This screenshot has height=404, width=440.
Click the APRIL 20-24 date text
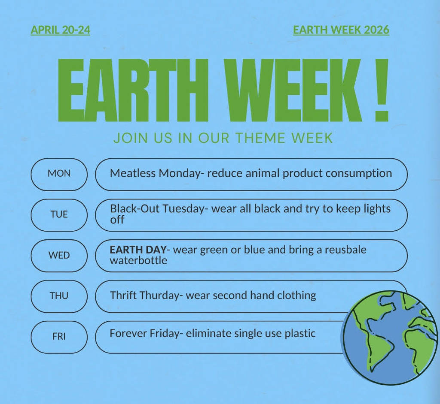[x=60, y=30]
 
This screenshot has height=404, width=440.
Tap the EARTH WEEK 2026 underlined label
[x=341, y=30]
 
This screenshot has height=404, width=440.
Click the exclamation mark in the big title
[x=382, y=91]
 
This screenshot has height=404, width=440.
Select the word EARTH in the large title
[x=133, y=91]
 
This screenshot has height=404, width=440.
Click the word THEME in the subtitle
[x=260, y=138]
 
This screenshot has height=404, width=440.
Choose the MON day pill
[x=59, y=174]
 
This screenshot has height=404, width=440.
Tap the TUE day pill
[x=59, y=214]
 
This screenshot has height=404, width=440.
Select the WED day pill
[x=59, y=255]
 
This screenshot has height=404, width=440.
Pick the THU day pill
[x=59, y=296]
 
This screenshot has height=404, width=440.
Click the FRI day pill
[x=59, y=337]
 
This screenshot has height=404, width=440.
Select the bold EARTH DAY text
[x=138, y=250]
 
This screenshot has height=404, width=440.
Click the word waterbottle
[x=138, y=260]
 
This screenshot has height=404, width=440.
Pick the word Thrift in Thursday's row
[x=123, y=295]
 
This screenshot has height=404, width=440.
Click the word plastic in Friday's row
[x=300, y=333]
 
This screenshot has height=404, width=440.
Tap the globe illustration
[x=390, y=338]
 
